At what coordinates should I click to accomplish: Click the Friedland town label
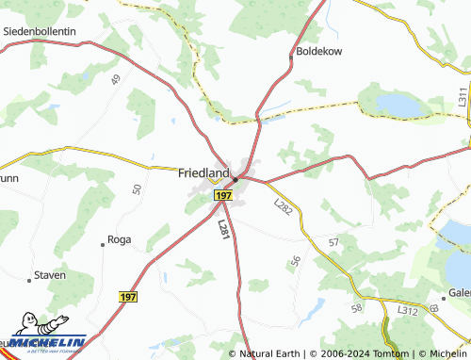point(204,173)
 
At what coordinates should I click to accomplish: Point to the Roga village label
point(120,240)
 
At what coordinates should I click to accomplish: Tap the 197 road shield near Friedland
point(222,194)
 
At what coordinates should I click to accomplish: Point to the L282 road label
point(282,206)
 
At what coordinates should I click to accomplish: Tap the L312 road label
point(407,310)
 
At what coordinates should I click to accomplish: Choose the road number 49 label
point(116,80)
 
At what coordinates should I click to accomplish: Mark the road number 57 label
point(333,243)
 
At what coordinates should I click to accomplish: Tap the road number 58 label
point(356,308)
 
